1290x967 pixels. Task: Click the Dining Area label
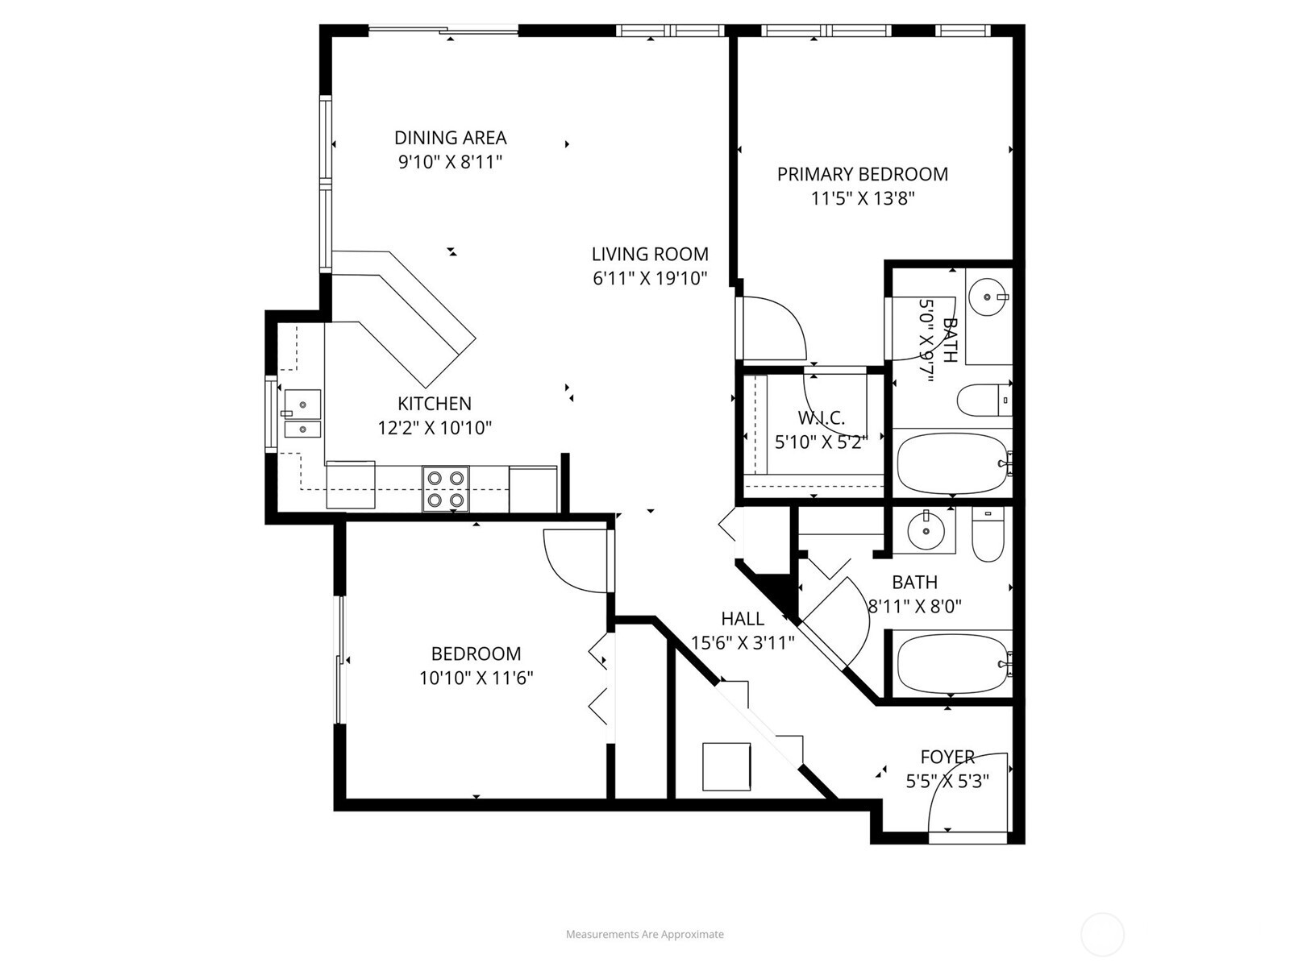[450, 138]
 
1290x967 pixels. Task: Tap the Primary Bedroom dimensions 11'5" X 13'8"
[862, 198]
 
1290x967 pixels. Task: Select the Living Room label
[650, 255]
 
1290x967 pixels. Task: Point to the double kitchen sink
[302, 416]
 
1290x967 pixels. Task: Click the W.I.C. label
[821, 418]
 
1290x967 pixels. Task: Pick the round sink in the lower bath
[925, 530]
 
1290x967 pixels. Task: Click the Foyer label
[947, 757]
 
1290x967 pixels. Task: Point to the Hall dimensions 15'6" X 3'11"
[743, 643]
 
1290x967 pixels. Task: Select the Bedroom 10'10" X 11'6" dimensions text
[476, 679]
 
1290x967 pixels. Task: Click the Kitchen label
[434, 404]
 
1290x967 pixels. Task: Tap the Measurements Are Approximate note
[644, 935]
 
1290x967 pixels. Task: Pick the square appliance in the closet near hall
[726, 766]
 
